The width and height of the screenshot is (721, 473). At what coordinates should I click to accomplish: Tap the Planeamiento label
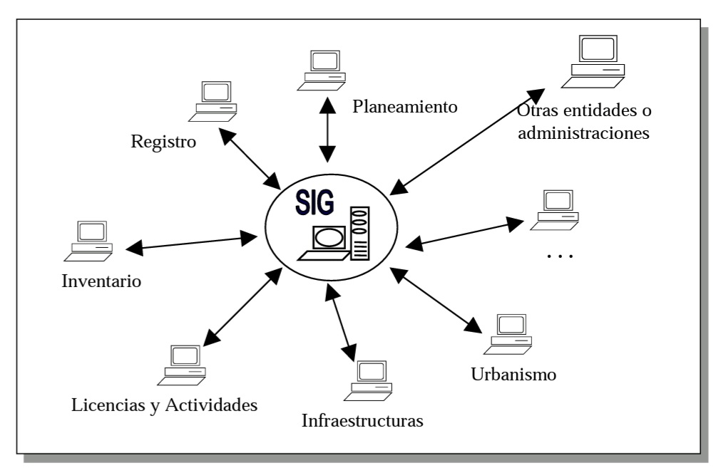pos(404,107)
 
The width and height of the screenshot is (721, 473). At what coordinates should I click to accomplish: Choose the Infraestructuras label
pos(363,420)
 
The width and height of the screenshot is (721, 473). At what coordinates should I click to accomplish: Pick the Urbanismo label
pos(513,373)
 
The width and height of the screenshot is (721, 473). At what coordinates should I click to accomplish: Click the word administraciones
pos(583,132)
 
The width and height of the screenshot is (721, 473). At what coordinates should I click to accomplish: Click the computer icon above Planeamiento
pos(322,69)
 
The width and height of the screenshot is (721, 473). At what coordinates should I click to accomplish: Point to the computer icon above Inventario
pos(91,239)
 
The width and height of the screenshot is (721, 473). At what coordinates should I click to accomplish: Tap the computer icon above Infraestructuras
pos(369,378)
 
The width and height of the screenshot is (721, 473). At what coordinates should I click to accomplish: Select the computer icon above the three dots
pos(556,209)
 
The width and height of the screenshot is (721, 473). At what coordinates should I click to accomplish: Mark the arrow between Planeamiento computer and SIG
pos(327,129)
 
